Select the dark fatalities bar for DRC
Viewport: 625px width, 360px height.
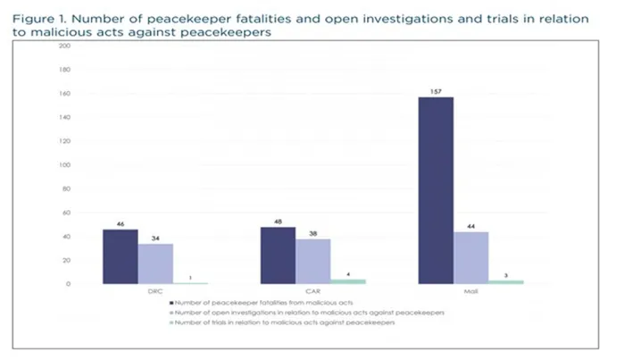click(121, 256)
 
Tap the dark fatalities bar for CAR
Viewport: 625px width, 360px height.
click(278, 255)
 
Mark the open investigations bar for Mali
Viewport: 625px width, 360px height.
click(471, 257)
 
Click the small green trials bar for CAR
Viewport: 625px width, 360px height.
click(348, 281)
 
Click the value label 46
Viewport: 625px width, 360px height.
click(120, 222)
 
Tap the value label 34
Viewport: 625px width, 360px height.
click(155, 237)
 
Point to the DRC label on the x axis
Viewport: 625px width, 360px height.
click(155, 292)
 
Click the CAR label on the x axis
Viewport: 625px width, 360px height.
click(313, 292)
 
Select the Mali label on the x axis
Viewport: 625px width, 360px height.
click(471, 292)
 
